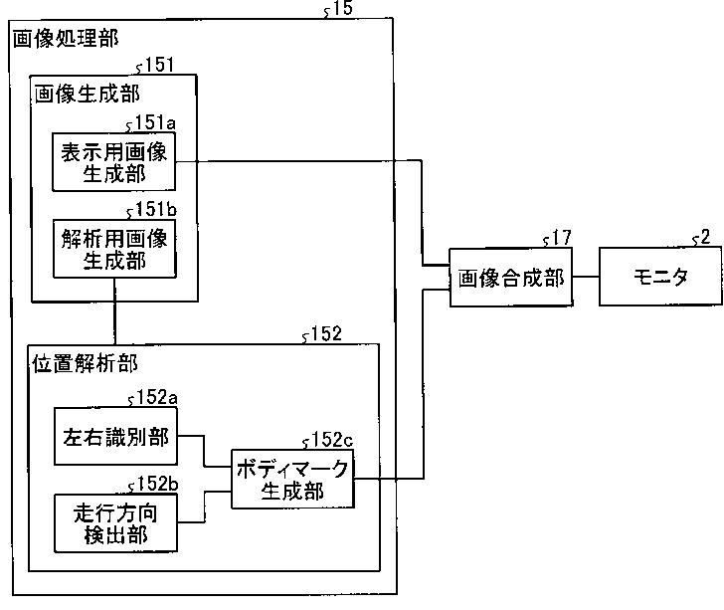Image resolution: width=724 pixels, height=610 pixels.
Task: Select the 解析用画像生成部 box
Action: pyautogui.click(x=114, y=250)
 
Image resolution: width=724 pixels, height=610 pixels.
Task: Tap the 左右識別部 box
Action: pyautogui.click(x=114, y=439)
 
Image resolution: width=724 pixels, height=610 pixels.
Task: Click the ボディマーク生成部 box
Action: pyautogui.click(x=292, y=480)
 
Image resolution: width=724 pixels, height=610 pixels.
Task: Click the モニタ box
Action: pyautogui.click(x=660, y=278)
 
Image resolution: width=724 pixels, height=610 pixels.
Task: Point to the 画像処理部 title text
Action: pyautogui.click(x=65, y=40)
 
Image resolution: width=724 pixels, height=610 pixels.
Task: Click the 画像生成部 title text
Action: pyautogui.click(x=86, y=94)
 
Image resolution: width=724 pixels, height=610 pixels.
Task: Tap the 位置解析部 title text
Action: pyautogui.click(x=86, y=363)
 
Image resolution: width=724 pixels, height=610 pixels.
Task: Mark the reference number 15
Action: pyautogui.click(x=341, y=10)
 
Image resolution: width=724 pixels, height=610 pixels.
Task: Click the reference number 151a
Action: pyautogui.click(x=154, y=123)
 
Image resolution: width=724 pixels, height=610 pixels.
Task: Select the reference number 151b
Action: pyautogui.click(x=155, y=211)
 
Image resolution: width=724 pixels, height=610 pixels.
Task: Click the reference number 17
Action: pyautogui.click(x=560, y=238)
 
